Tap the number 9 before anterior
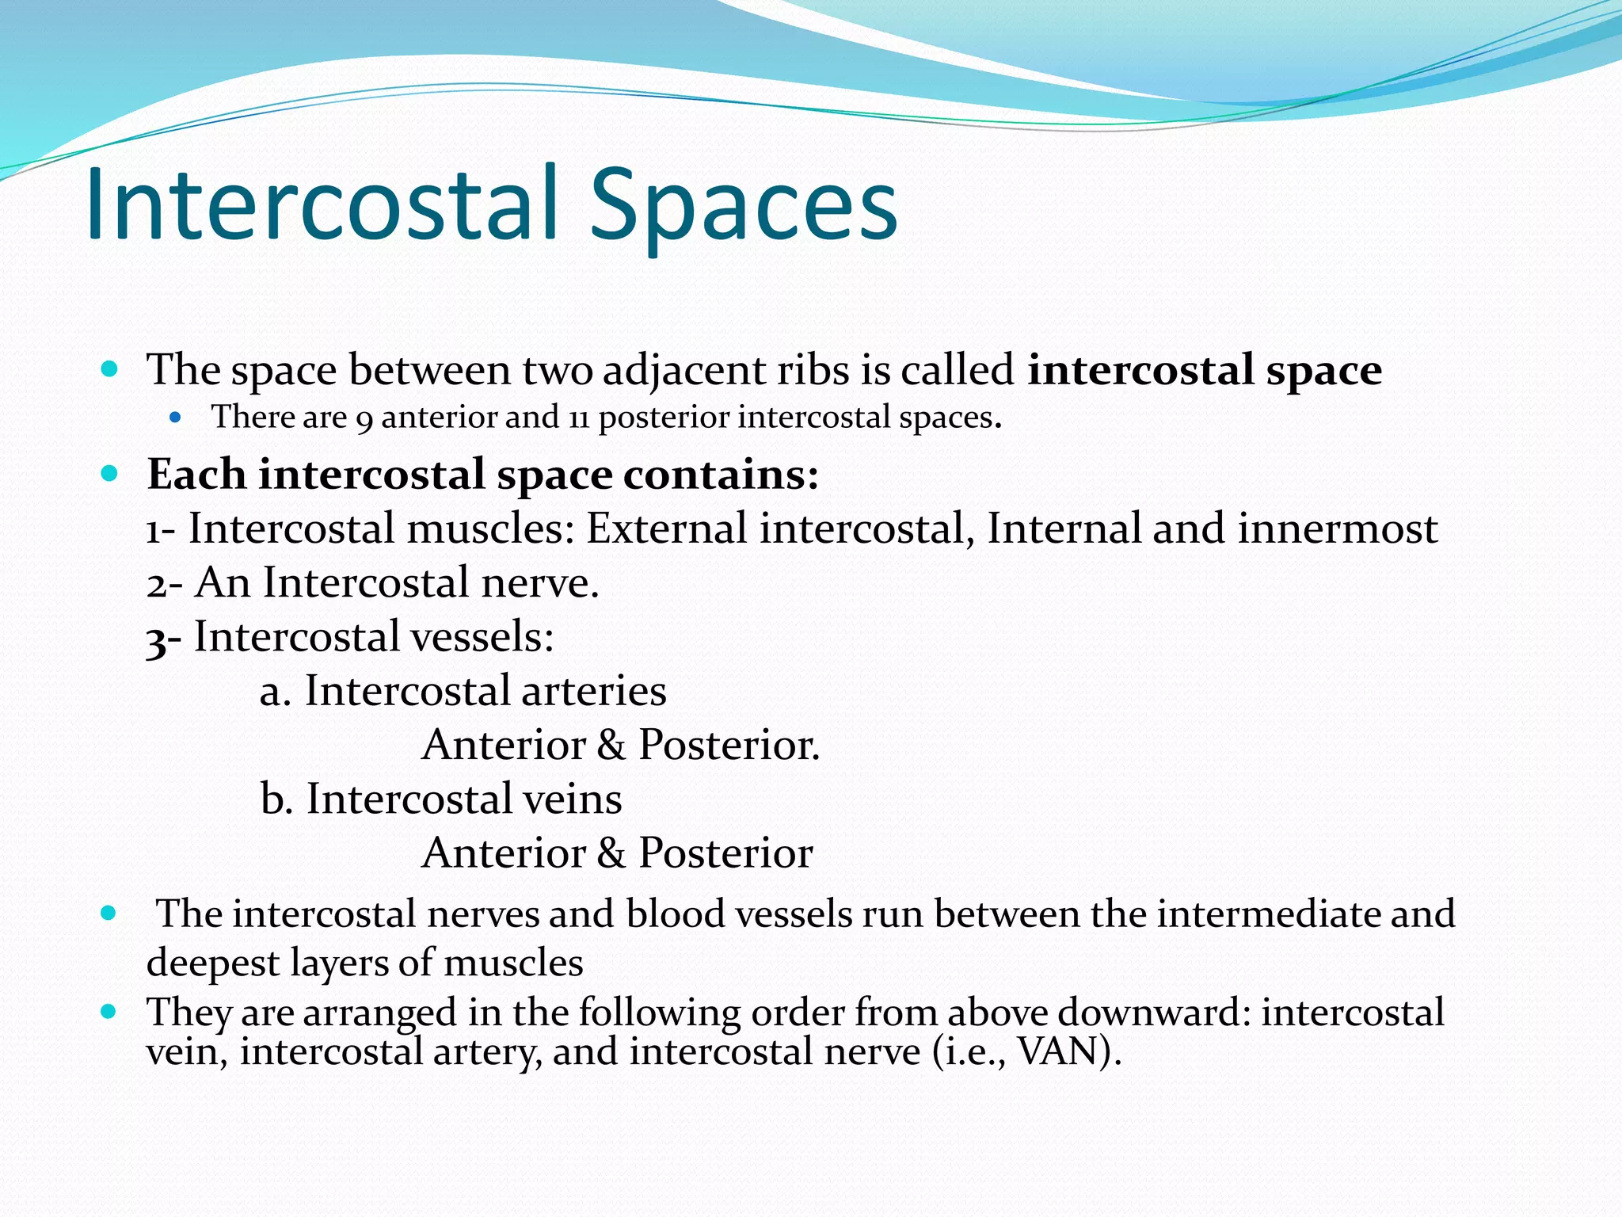click(364, 419)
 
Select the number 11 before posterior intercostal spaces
click(578, 418)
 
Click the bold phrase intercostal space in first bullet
click(1204, 371)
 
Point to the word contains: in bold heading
click(721, 475)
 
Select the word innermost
click(1337, 528)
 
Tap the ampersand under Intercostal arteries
click(611, 746)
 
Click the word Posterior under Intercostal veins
click(725, 853)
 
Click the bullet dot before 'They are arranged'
click(109, 1012)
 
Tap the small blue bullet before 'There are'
click(176, 418)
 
